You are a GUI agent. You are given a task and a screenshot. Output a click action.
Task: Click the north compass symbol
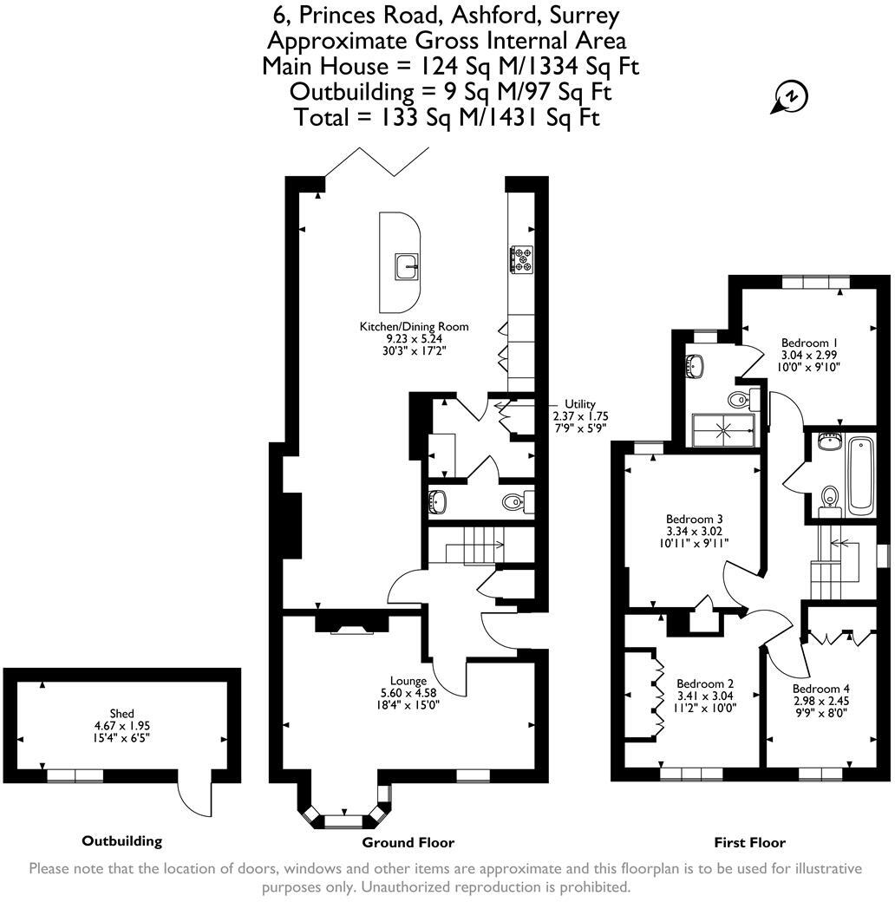(790, 97)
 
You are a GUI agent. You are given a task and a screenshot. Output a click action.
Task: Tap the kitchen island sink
(407, 266)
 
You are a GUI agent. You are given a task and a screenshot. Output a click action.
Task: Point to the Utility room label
(580, 404)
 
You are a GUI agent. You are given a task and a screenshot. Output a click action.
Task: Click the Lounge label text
(408, 681)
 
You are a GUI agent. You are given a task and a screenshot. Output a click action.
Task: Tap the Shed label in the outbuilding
(121, 713)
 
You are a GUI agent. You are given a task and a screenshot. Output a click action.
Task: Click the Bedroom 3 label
(694, 519)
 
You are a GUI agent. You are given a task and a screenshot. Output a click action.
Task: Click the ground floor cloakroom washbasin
(438, 501)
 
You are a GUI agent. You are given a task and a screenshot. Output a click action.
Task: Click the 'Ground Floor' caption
(408, 842)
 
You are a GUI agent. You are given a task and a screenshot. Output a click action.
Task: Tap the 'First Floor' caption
(749, 842)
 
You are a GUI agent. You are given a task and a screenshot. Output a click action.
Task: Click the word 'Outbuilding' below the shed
(121, 840)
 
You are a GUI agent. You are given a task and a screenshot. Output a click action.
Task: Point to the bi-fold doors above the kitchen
(376, 162)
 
